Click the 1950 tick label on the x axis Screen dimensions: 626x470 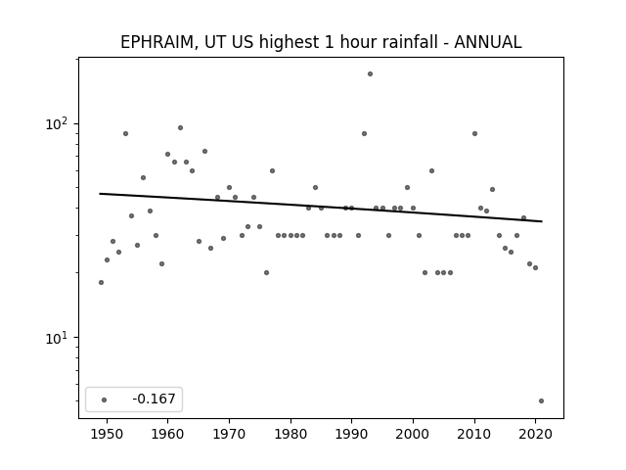107,434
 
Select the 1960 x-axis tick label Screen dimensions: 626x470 167,434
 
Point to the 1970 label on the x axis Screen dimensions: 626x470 229,434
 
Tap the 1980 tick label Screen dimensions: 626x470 291,434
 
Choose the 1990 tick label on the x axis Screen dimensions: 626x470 352,434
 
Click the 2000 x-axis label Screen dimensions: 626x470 413,434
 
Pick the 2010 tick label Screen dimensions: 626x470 474,434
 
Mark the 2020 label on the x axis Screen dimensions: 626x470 535,434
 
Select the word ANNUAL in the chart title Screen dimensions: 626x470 488,42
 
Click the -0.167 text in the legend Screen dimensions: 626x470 154,399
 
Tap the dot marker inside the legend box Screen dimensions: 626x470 104,399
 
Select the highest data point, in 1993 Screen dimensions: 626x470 370,74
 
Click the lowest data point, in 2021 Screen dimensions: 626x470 541,400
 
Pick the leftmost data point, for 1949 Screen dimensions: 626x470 101,283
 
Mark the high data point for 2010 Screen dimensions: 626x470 474,134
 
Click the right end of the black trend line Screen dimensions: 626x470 542,221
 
